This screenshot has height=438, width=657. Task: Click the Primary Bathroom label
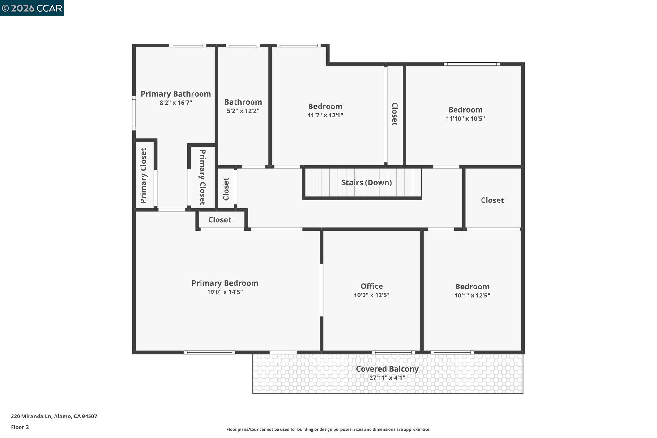(x=176, y=94)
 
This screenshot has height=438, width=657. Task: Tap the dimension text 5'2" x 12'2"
(x=243, y=111)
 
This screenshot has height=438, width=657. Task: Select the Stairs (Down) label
(x=366, y=182)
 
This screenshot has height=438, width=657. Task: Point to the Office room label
(x=371, y=286)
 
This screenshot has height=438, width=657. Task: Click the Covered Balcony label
(x=387, y=369)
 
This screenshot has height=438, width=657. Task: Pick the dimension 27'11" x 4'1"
(x=387, y=378)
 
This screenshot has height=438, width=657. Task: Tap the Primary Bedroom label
(x=225, y=283)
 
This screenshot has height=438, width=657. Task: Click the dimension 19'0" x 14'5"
(x=225, y=292)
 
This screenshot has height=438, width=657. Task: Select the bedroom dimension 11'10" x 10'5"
(x=465, y=118)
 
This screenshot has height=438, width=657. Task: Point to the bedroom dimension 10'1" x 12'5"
(x=472, y=296)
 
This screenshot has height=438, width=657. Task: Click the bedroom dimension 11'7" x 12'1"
(x=325, y=115)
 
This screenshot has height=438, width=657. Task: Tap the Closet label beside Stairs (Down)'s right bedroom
(x=492, y=200)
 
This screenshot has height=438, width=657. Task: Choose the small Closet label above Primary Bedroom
(x=219, y=220)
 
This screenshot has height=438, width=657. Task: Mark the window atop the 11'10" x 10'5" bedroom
(x=472, y=64)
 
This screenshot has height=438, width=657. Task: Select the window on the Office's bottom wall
(x=393, y=352)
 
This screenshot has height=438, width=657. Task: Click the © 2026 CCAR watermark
(x=32, y=8)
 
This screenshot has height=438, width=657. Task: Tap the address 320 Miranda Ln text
(x=54, y=416)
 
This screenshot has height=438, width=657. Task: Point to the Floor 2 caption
(x=20, y=427)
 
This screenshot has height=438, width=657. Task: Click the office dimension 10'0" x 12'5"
(x=371, y=295)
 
